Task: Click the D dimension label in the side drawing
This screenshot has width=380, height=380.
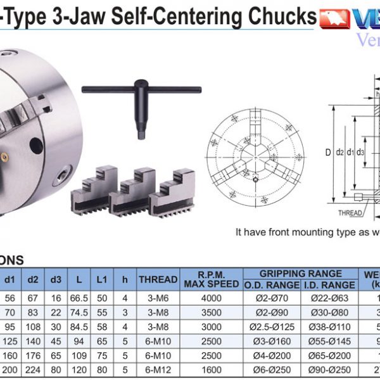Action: tap(328, 152)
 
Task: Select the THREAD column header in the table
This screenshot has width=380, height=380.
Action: tap(158, 279)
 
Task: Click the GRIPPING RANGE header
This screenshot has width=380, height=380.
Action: tap(301, 274)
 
